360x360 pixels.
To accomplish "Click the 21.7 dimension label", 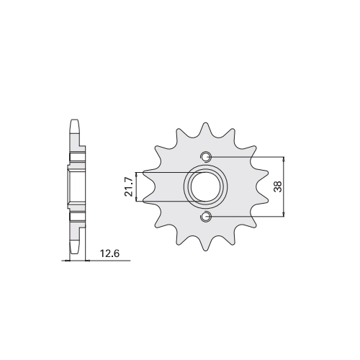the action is (x=129, y=186).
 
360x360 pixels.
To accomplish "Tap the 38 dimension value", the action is (x=279, y=186).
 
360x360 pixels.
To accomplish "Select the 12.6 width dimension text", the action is (x=109, y=253).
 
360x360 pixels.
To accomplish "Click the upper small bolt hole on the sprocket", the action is (x=205, y=157).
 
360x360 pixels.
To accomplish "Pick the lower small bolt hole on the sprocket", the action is (x=205, y=217).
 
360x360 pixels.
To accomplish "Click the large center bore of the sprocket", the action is (x=206, y=186).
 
